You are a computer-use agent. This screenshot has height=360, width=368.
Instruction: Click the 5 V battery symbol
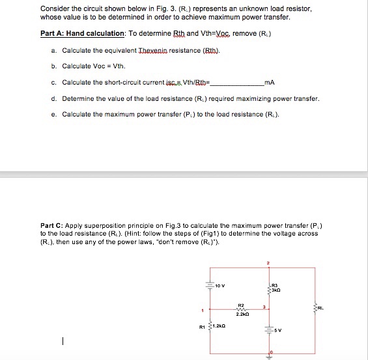click(x=268, y=328)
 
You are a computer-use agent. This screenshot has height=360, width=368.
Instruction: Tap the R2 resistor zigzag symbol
click(x=240, y=310)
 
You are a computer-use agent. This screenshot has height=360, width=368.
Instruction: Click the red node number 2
click(x=267, y=264)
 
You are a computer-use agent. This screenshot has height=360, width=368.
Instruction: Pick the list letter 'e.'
click(x=52, y=115)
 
